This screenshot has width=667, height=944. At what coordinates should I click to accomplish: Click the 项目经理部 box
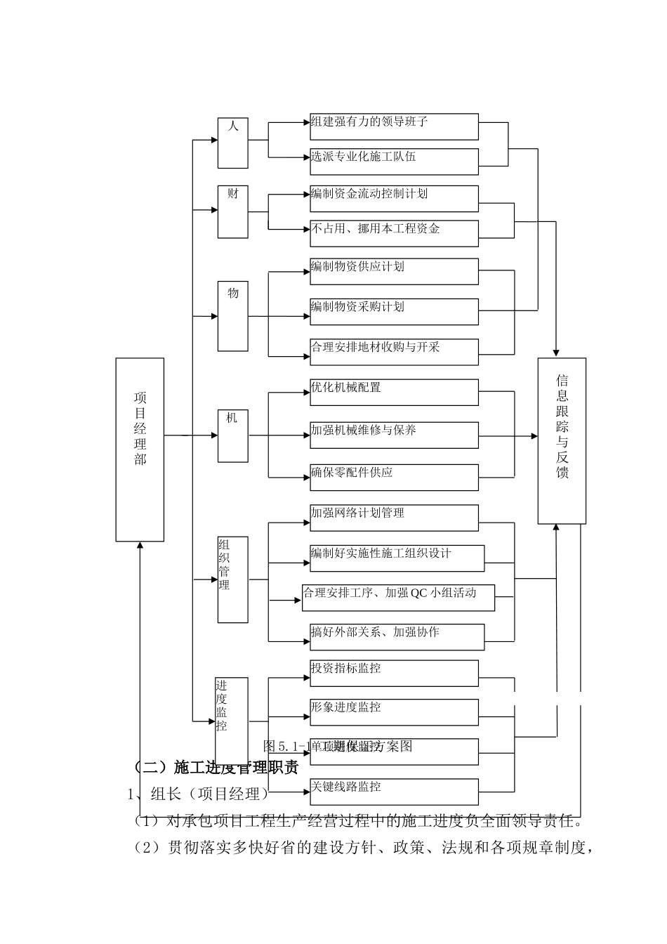pyautogui.click(x=140, y=450)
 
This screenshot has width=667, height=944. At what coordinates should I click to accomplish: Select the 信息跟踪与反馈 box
pyautogui.click(x=562, y=440)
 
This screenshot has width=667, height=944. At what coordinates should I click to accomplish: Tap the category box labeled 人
pyautogui.click(x=232, y=143)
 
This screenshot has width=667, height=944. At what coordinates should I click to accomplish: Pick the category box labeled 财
pyautogui.click(x=232, y=211)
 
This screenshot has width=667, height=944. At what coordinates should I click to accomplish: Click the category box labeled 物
pyautogui.click(x=232, y=315)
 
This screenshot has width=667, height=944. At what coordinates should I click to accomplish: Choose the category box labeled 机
pyautogui.click(x=232, y=435)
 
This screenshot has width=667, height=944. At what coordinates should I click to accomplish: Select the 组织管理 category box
pyautogui.click(x=232, y=579)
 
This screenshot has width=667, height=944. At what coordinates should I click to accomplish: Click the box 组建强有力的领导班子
pyautogui.click(x=394, y=126)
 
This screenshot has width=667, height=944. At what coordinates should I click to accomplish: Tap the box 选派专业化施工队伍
pyautogui.click(x=394, y=161)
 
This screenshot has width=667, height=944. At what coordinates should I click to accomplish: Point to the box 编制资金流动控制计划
pyautogui.click(x=394, y=198)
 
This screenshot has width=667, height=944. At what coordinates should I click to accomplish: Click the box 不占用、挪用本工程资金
pyautogui.click(x=394, y=233)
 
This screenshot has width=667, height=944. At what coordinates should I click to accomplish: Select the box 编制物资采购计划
pyautogui.click(x=394, y=311)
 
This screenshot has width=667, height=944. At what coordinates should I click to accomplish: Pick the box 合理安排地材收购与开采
pyautogui.click(x=394, y=352)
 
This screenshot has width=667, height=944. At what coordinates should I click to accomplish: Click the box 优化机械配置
pyautogui.click(x=394, y=392)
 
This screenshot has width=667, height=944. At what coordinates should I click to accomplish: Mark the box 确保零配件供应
pyautogui.click(x=394, y=477)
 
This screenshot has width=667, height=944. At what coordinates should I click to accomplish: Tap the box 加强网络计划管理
pyautogui.click(x=394, y=518)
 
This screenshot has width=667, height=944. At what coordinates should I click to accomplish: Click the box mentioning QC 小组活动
pyautogui.click(x=398, y=597)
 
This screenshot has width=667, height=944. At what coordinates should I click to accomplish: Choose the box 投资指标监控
pyautogui.click(x=394, y=673)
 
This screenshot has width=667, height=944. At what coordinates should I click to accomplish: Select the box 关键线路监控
pyautogui.click(x=394, y=792)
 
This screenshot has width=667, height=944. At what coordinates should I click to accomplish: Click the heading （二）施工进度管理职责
pyautogui.click(x=216, y=767)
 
